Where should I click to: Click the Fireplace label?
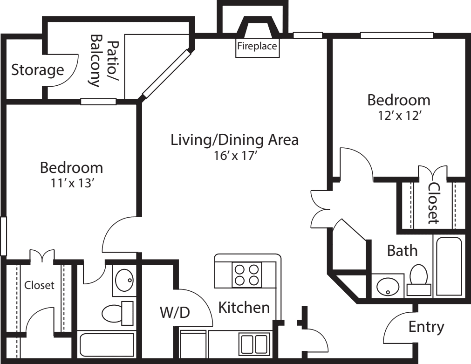click(x=258, y=47)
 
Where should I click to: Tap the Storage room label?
click(x=37, y=70)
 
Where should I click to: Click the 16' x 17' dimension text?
click(x=234, y=156)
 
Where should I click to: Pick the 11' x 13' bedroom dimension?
click(x=71, y=184)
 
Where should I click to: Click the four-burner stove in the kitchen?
click(x=246, y=274)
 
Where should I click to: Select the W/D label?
click(x=175, y=312)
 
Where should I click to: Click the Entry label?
click(x=426, y=327)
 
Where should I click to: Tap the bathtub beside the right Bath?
click(x=449, y=266)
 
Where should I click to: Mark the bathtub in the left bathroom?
click(x=106, y=345)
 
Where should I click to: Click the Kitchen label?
click(x=244, y=308)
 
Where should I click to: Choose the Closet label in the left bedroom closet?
click(x=39, y=285)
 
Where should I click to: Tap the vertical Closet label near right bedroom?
click(x=433, y=203)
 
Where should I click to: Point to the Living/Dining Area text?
click(x=234, y=139)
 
